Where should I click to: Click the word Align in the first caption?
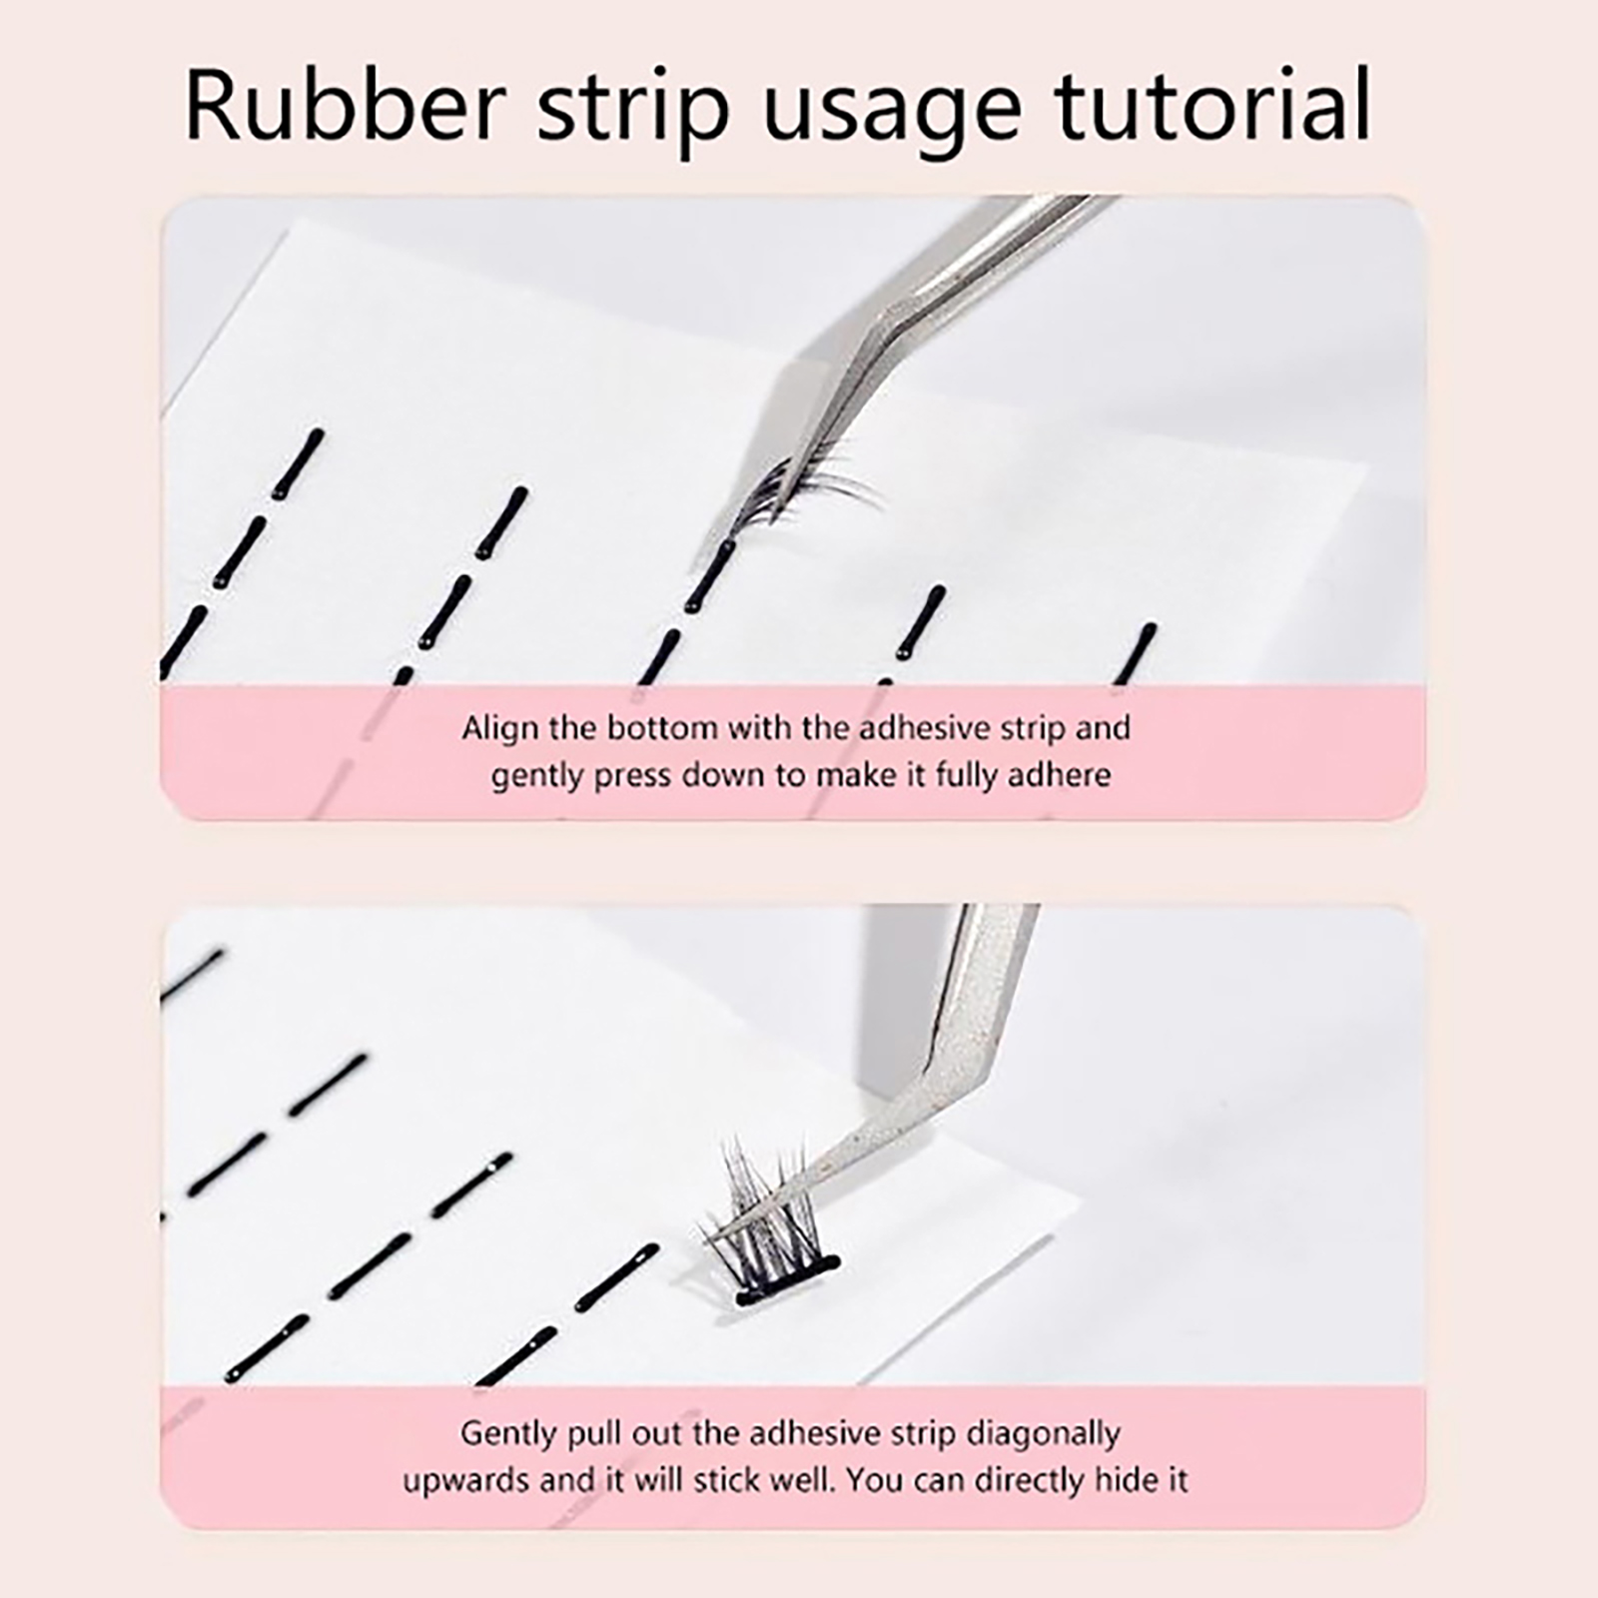click(x=500, y=728)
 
